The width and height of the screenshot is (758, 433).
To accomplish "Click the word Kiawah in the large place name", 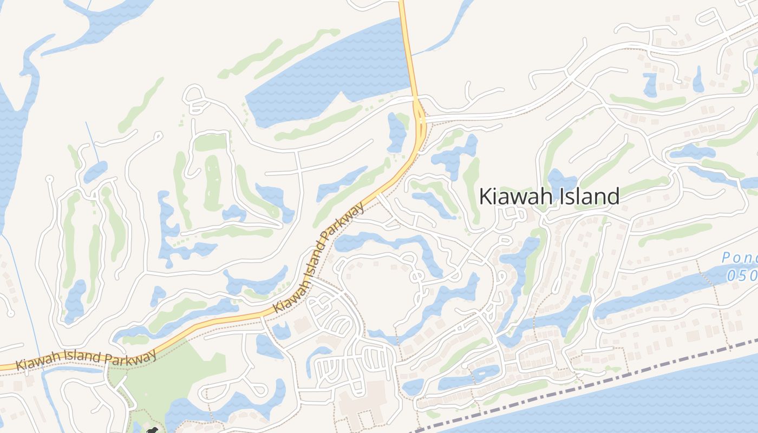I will [x=513, y=196].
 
